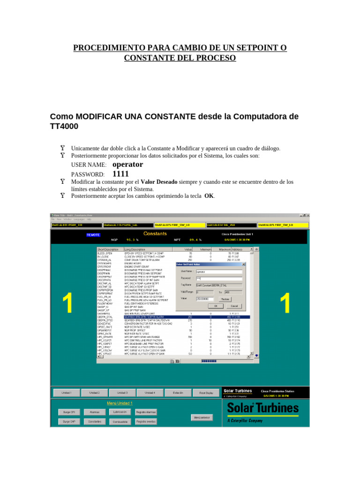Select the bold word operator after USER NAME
(128, 165)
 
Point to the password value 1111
(120, 174)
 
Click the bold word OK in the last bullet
(209, 196)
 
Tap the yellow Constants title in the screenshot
(155, 233)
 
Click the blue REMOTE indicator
(93, 234)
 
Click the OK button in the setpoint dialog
(216, 306)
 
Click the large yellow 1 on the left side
(67, 303)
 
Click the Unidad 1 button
(67, 392)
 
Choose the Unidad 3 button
(122, 392)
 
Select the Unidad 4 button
(150, 392)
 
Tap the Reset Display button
(206, 392)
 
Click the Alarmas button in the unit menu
(94, 412)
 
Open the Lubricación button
(120, 412)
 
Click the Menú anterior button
(202, 417)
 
